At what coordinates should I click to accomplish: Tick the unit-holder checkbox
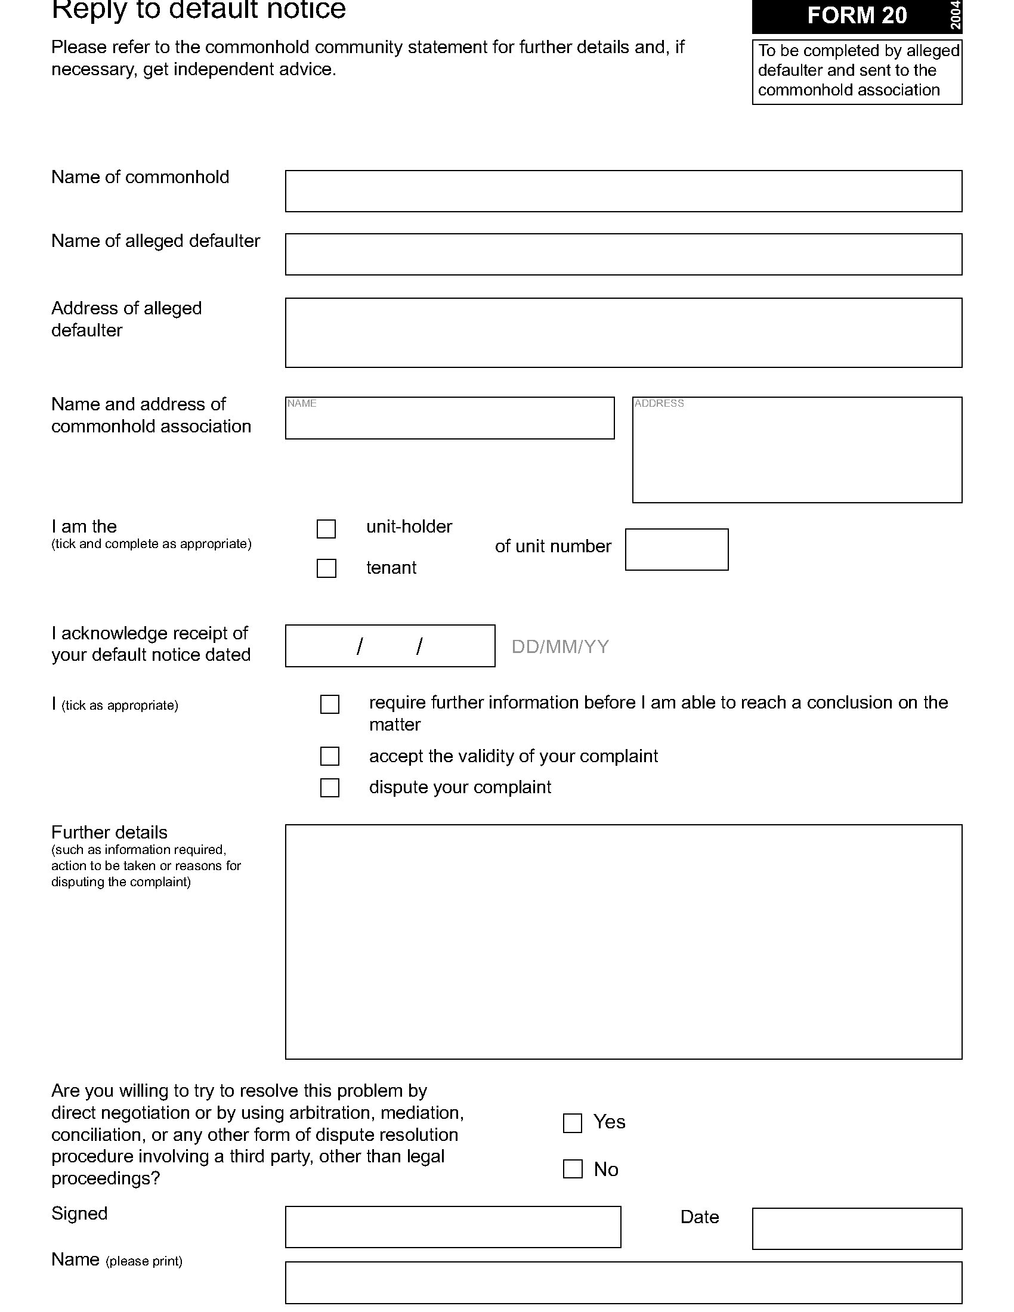tap(326, 528)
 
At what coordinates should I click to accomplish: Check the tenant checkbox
tap(326, 568)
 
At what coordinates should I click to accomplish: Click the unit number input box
tap(676, 549)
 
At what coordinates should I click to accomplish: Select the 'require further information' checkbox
tap(330, 704)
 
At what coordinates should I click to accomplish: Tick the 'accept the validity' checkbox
tap(330, 756)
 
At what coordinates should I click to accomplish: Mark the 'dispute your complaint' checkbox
tap(330, 787)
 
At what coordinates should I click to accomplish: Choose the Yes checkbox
tap(573, 1123)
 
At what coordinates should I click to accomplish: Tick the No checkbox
tap(573, 1168)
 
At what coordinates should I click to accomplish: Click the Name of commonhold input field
tap(623, 191)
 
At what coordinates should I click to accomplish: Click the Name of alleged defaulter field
tap(623, 254)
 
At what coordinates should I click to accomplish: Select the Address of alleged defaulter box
tap(623, 332)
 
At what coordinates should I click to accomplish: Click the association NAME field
tap(449, 418)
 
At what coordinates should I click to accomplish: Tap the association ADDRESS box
tap(796, 450)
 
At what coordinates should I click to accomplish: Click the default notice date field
tap(390, 646)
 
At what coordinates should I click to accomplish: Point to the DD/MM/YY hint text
tap(560, 646)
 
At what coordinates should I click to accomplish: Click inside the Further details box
tap(623, 942)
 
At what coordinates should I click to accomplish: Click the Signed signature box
tap(453, 1227)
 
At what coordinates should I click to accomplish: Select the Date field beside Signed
tap(857, 1229)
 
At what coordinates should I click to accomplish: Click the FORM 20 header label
tap(856, 16)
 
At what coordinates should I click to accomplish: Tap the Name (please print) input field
tap(623, 1283)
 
